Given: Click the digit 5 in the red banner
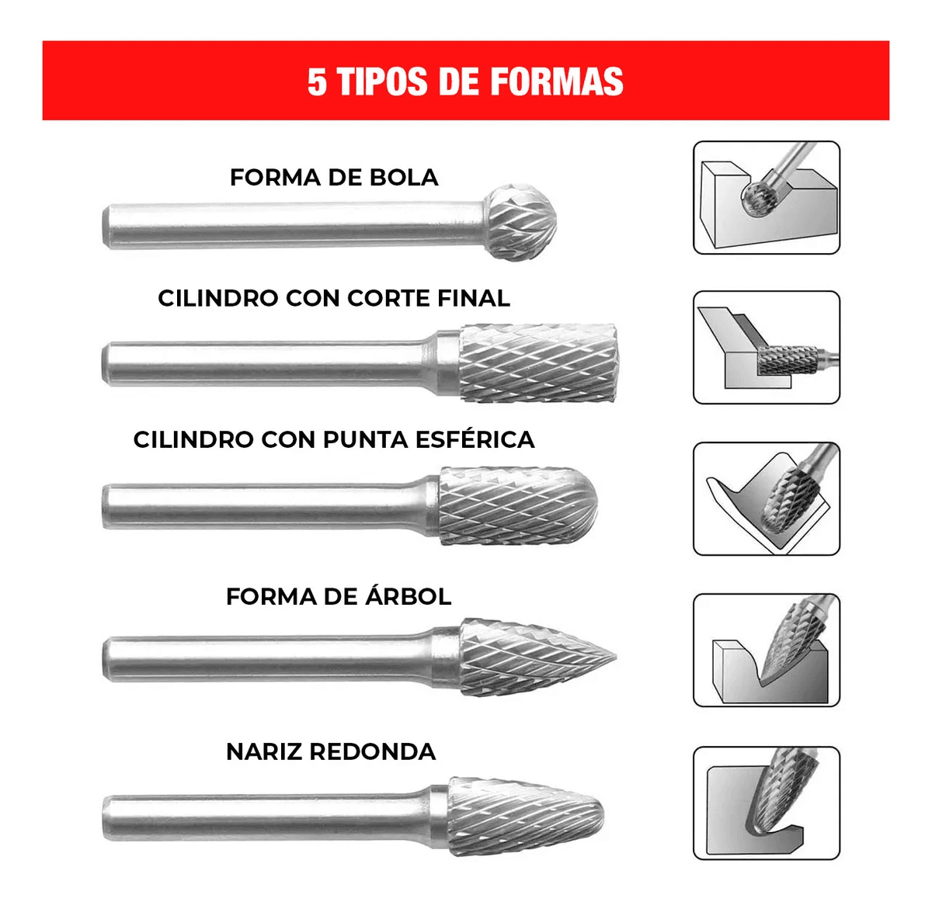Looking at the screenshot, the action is [x=317, y=82].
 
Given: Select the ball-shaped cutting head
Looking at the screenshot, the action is [x=520, y=222].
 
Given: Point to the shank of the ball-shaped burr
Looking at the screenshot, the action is [x=293, y=226].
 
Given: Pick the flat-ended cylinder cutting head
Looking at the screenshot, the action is [x=537, y=363].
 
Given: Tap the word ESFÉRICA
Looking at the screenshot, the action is [x=475, y=439].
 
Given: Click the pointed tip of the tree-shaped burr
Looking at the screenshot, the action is [x=615, y=657].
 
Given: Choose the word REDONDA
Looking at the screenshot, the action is [x=373, y=751].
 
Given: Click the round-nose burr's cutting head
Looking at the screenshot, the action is [x=526, y=816].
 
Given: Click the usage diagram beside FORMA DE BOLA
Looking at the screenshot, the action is [x=767, y=197].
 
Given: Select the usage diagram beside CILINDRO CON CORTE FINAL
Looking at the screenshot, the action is [x=767, y=348].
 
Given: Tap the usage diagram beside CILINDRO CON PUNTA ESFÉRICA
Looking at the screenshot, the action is [x=767, y=498].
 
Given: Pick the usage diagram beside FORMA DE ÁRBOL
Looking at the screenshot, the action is [x=767, y=650].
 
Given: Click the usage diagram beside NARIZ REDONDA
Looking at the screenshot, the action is [x=767, y=803].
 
